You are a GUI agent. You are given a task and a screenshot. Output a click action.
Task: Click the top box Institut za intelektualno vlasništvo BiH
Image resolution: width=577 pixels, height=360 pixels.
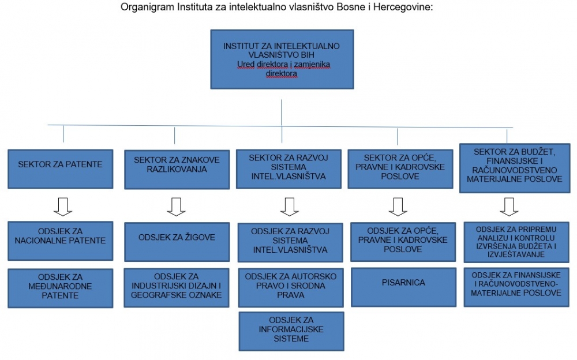282,59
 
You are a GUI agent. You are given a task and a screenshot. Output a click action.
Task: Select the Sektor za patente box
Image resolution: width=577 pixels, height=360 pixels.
61,169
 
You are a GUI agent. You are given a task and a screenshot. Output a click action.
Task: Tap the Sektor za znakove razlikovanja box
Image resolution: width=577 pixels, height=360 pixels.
177,169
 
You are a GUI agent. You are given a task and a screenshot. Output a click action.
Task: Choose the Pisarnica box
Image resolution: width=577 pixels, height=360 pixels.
403,287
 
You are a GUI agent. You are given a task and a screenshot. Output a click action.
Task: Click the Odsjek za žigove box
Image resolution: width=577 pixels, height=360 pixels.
177,242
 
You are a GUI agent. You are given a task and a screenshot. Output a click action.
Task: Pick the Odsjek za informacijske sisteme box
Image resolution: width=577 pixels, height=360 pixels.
291,331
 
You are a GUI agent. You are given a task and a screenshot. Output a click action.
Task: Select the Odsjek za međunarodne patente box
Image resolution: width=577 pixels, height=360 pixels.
61,288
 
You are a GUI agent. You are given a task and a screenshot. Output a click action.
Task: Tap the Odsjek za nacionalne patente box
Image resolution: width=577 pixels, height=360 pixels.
61,241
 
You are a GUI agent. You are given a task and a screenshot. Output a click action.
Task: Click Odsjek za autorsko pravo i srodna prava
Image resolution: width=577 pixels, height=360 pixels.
291,287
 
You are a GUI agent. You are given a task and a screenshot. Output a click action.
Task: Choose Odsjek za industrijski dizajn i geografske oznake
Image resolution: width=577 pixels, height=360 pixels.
177,287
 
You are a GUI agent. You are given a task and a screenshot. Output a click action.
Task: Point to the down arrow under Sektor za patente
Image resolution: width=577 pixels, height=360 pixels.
63,207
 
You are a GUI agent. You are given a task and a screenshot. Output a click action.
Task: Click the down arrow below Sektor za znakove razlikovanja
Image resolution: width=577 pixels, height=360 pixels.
176,207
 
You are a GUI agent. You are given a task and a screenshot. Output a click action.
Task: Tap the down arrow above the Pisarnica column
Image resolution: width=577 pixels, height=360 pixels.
398,207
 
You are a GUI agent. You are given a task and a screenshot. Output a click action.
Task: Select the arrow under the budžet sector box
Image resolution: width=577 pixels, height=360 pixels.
509,207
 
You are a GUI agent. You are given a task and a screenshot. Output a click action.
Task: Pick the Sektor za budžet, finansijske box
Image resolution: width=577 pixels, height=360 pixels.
515,168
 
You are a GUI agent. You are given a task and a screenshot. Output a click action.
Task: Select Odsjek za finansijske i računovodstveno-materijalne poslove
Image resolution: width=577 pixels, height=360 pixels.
516,287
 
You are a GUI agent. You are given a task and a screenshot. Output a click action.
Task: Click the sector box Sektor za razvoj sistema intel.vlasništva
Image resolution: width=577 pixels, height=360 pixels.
288,169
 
